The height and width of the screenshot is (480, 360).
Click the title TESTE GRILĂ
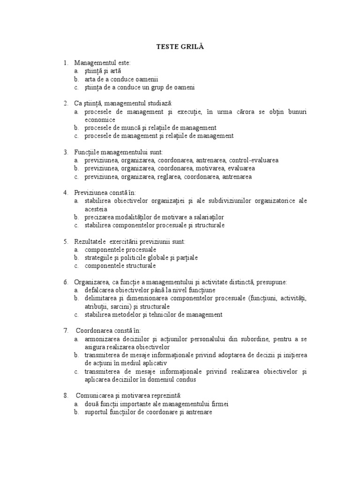click(180, 47)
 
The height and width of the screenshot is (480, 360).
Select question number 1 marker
click(66, 62)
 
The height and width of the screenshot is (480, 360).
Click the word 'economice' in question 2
click(100, 120)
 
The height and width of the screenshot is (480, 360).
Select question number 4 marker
click(66, 193)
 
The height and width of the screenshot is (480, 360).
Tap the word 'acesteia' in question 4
click(96, 209)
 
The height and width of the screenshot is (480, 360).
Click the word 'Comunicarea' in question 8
click(93, 395)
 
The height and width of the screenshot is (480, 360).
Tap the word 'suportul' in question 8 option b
click(96, 412)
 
